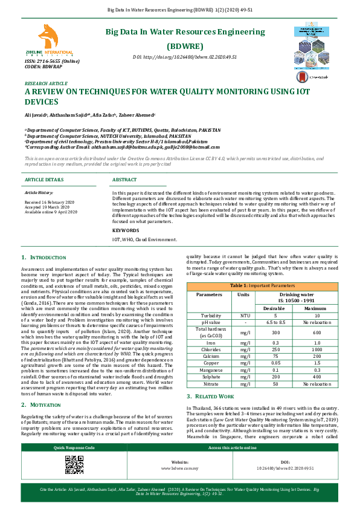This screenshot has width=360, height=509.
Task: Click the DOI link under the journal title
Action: (184, 57)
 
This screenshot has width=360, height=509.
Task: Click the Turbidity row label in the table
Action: (210, 315)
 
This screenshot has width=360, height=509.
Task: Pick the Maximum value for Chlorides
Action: (316, 349)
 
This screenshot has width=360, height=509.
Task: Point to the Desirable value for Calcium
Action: (275, 356)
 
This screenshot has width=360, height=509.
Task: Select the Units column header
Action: (243, 294)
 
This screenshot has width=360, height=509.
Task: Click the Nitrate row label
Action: (210, 383)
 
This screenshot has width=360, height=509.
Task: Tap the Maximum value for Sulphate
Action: (316, 377)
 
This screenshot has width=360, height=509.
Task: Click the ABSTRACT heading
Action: (124, 180)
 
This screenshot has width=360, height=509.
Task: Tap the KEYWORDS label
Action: (126, 230)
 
